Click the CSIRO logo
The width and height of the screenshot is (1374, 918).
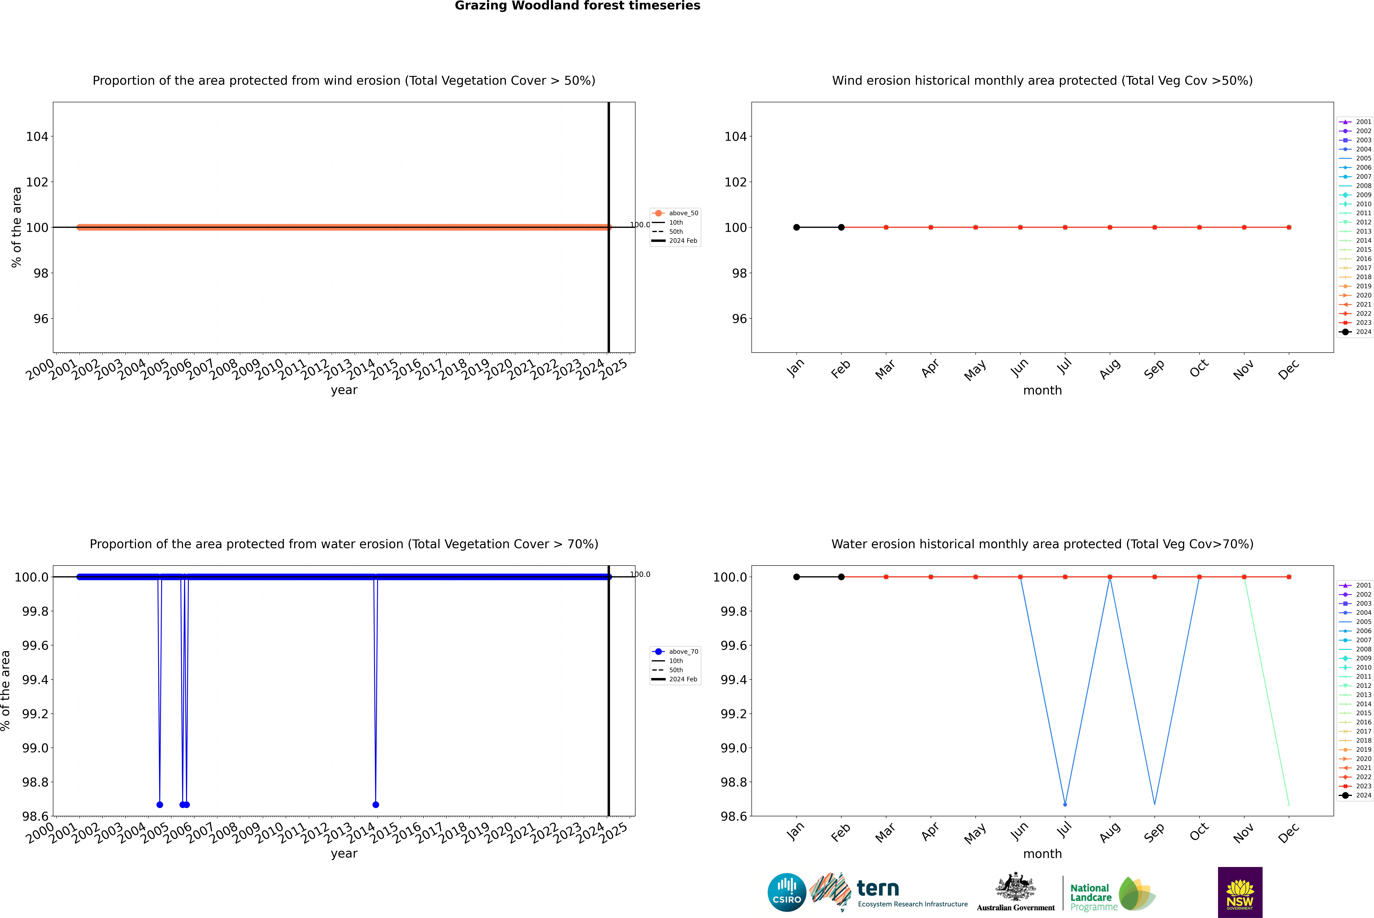click(787, 892)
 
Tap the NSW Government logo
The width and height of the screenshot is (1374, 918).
click(1240, 892)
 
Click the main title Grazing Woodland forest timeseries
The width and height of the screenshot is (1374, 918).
click(577, 6)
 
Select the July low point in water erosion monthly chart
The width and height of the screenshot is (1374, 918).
click(1065, 804)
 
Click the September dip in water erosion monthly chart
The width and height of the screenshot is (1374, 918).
click(1154, 804)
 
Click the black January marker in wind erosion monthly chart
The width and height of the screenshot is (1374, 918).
click(797, 227)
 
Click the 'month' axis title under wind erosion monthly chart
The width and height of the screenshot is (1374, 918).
click(1042, 391)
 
